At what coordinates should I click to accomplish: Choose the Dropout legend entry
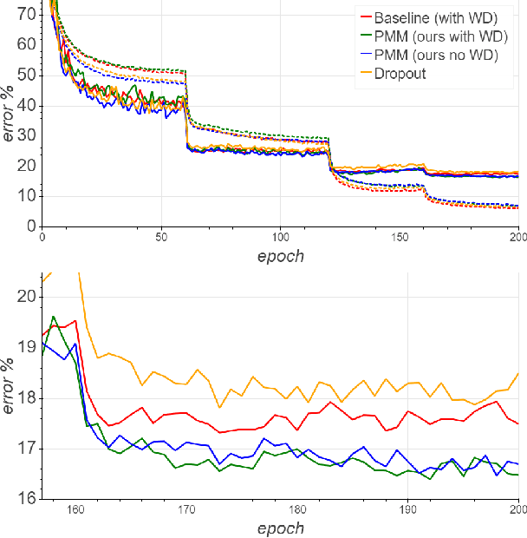[x=400, y=74]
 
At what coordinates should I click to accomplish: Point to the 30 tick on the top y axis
[x=30, y=135]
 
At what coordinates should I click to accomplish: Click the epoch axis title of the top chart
[x=281, y=255]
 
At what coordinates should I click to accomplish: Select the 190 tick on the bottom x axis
[x=407, y=509]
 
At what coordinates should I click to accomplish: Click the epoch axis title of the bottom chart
[x=281, y=528]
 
